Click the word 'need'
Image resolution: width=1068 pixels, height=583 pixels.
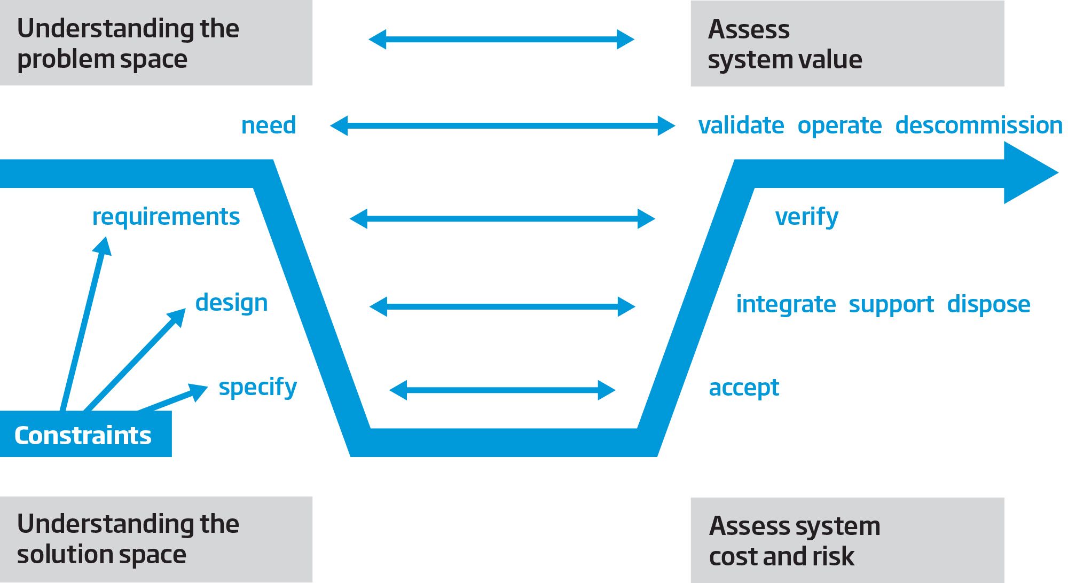click(269, 125)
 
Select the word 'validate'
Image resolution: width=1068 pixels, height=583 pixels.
click(741, 125)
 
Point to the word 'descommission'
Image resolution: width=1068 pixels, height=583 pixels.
click(979, 125)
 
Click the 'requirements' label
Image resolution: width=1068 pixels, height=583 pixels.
click(166, 217)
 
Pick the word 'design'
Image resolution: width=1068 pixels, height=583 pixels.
click(231, 303)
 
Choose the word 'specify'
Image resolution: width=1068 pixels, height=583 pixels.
click(258, 388)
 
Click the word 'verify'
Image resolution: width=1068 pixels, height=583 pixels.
click(807, 217)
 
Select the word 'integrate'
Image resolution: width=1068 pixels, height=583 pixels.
click(786, 305)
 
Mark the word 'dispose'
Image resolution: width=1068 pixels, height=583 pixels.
click(988, 305)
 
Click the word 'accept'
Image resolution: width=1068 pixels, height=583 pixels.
click(744, 388)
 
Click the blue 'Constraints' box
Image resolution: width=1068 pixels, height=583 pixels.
click(85, 434)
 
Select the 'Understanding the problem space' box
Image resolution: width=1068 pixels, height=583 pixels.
click(156, 43)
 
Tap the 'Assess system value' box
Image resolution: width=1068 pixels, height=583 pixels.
click(847, 43)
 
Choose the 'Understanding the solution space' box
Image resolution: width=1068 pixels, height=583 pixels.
click(156, 539)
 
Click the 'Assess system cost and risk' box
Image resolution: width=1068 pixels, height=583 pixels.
click(847, 540)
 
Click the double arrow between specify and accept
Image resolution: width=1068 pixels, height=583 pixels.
click(502, 390)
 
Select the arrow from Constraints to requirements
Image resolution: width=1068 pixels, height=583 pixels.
click(85, 324)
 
